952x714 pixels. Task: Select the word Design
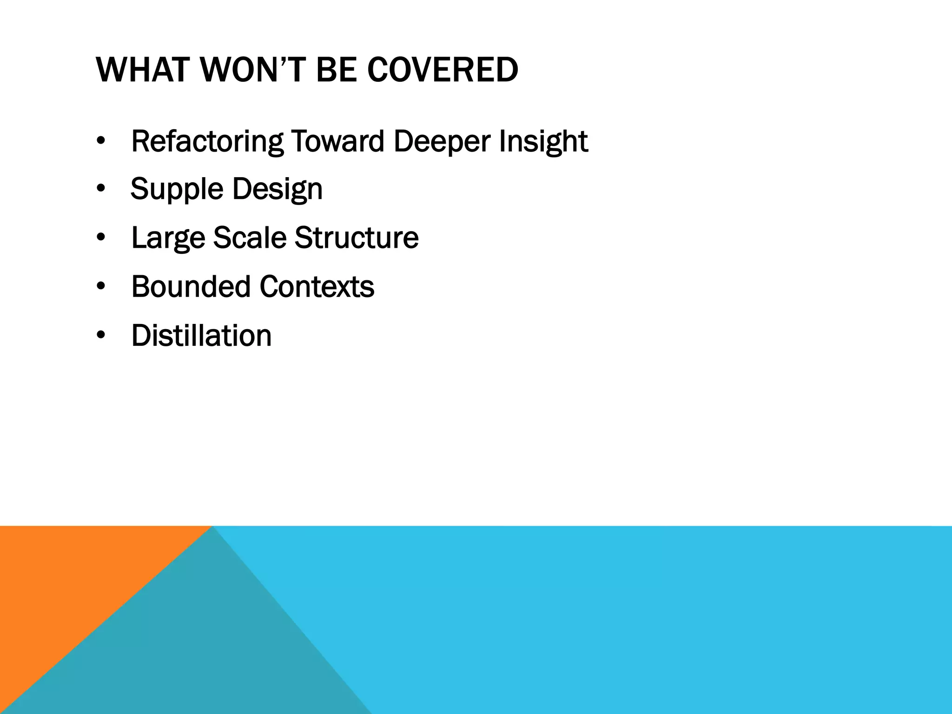(277, 189)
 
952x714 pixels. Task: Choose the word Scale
(250, 238)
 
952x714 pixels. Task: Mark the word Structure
(357, 238)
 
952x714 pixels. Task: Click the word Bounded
(191, 286)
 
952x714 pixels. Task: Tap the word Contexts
(317, 286)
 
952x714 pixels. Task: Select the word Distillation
(201, 335)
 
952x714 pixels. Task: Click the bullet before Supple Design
(101, 189)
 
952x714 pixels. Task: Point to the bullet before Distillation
(101, 335)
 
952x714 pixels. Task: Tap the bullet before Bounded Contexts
(101, 286)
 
